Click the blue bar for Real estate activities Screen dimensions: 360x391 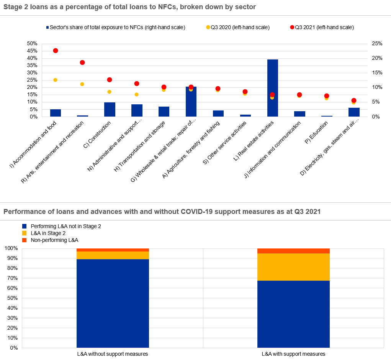(272, 88)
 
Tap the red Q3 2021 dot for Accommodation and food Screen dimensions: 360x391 (56, 51)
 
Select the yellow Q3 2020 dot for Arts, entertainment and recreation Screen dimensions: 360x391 (82, 84)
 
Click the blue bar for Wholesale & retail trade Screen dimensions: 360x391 (191, 102)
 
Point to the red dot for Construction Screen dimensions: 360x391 (110, 80)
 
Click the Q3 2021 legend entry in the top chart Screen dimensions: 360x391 (322, 27)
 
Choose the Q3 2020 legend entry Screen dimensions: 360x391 (238, 27)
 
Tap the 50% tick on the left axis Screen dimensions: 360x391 (32, 43)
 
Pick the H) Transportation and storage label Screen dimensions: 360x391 (142, 144)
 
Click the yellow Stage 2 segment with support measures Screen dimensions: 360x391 (293, 267)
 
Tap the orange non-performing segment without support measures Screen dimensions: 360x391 (113, 250)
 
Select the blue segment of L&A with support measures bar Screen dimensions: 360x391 (293, 314)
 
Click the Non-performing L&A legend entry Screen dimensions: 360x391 (54, 240)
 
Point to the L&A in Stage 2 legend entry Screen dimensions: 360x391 (49, 233)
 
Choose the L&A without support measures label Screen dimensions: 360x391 (113, 354)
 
